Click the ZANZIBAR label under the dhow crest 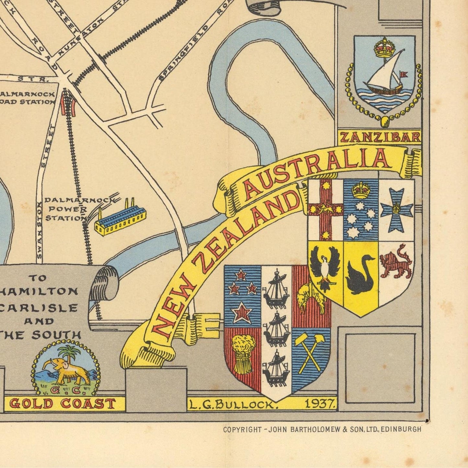pos(380,137)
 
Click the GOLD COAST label pos(63,404)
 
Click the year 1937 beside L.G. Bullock pos(320,404)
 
